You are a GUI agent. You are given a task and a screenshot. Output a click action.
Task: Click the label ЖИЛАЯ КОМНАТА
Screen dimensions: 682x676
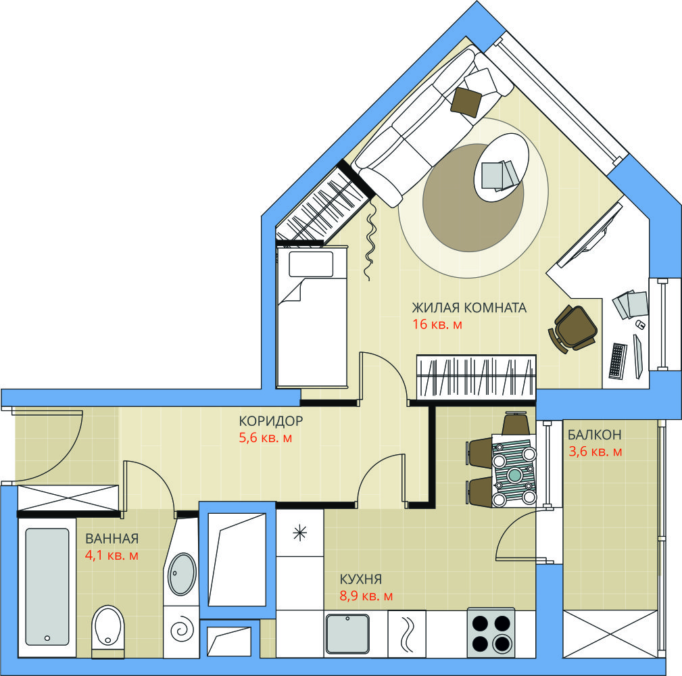point(469,308)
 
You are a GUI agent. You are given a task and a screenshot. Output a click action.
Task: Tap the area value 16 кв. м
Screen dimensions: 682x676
point(437,324)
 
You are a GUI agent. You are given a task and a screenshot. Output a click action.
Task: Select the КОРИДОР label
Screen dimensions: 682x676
point(270,420)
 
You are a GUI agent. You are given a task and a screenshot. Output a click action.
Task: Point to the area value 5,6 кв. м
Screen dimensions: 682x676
point(266,437)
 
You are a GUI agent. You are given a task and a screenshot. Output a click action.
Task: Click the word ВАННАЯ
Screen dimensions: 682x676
point(112,539)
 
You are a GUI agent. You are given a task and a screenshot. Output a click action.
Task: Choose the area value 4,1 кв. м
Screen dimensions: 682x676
point(112,556)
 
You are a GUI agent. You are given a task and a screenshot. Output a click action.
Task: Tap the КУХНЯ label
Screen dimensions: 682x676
point(360,579)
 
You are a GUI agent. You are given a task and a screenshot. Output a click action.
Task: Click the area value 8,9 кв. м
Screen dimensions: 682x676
point(366,596)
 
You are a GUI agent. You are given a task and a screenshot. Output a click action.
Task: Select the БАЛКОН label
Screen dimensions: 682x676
point(595,435)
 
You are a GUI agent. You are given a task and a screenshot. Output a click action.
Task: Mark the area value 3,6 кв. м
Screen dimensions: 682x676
point(595,452)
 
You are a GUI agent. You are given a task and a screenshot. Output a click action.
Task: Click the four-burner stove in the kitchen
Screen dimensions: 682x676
point(491,633)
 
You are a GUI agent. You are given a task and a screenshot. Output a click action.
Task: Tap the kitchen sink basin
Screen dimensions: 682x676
point(347,633)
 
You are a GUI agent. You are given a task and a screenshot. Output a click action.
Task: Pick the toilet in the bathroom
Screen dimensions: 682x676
point(108,630)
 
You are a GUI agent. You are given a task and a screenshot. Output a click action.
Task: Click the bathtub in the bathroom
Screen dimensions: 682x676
point(47,587)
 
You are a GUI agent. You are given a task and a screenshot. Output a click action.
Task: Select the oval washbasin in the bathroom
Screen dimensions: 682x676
point(182,574)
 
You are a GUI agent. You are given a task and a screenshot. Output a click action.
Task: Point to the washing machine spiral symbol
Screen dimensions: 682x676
point(182,630)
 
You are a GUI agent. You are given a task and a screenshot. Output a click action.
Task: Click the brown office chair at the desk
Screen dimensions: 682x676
point(573,329)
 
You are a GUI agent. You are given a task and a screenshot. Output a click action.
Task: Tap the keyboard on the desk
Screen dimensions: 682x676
point(618,360)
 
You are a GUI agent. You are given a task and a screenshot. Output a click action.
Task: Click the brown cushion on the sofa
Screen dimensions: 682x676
point(466,102)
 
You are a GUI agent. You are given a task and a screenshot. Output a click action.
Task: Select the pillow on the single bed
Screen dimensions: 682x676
point(311,264)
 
